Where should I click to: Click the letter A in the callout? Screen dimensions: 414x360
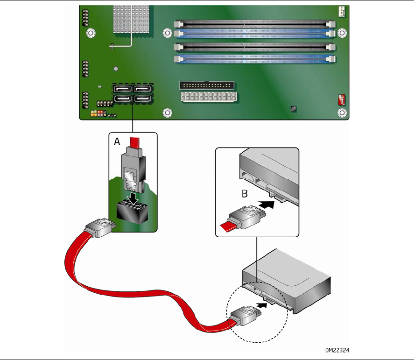[x=117, y=142]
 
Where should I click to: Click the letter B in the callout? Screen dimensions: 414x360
[x=245, y=194]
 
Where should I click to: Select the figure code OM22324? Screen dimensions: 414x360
[x=337, y=350]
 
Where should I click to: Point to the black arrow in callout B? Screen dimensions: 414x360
[x=266, y=205]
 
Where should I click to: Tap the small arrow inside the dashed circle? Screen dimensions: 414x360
[x=262, y=305]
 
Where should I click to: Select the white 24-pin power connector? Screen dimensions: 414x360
[x=209, y=97]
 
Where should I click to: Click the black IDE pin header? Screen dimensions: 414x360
[x=207, y=85]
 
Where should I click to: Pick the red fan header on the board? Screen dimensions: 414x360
[x=342, y=99]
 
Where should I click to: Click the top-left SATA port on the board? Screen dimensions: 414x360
[x=122, y=88]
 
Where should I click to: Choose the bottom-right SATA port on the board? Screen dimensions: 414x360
[x=142, y=99]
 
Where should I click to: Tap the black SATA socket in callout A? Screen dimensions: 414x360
[x=132, y=212]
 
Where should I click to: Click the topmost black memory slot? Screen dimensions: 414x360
[x=254, y=24]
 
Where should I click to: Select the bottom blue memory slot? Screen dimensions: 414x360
[x=254, y=59]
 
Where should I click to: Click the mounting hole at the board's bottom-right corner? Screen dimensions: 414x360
[x=342, y=113]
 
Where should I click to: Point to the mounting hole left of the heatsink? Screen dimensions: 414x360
[x=91, y=33]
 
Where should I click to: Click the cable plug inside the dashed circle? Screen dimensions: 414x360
[x=246, y=315]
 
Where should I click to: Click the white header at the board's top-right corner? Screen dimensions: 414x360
[x=342, y=12]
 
